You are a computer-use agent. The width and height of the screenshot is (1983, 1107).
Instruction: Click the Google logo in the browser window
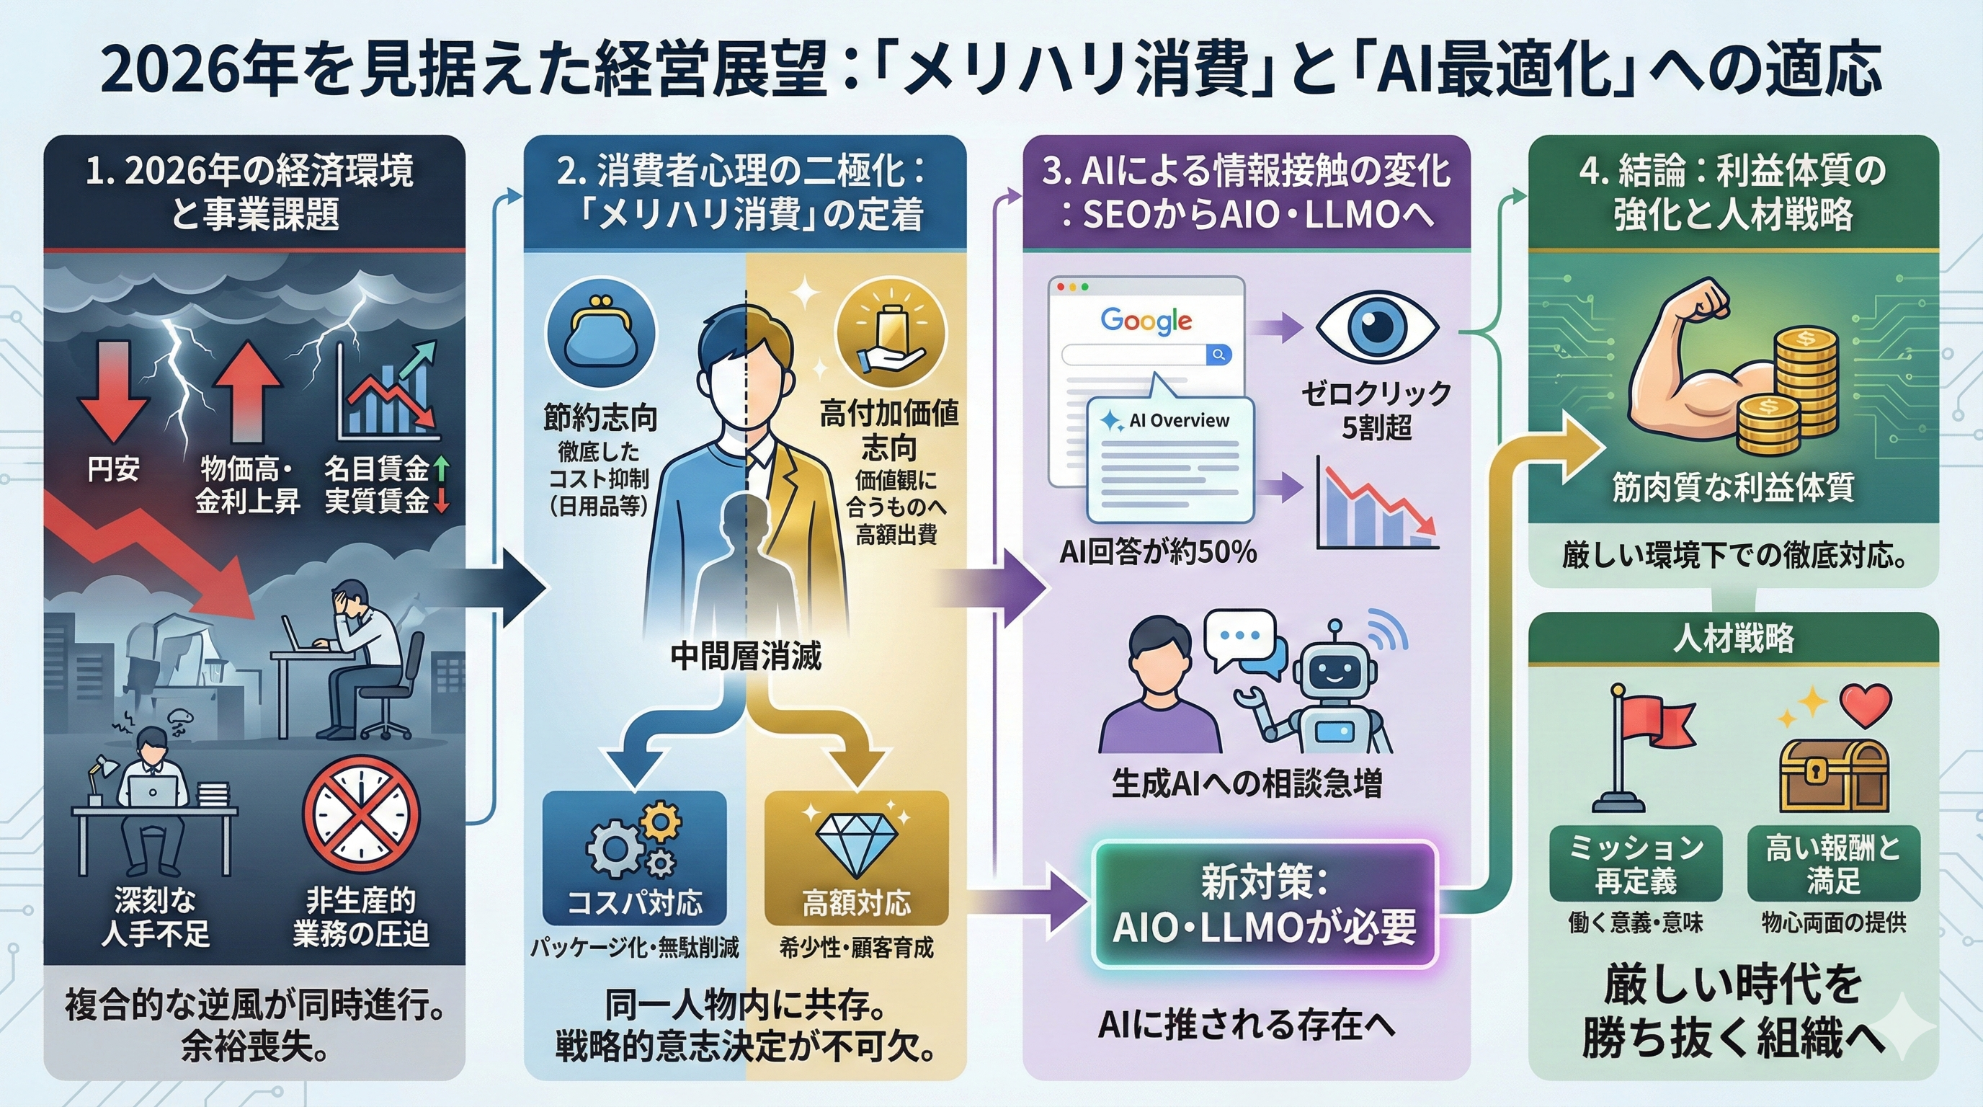pyautogui.click(x=1146, y=320)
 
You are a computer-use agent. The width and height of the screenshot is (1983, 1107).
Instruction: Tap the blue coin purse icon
pyautogui.click(x=600, y=336)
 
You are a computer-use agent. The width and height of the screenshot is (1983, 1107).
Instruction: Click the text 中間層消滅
pyautogui.click(x=745, y=656)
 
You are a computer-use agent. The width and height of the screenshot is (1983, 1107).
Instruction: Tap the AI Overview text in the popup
pyautogui.click(x=1178, y=420)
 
